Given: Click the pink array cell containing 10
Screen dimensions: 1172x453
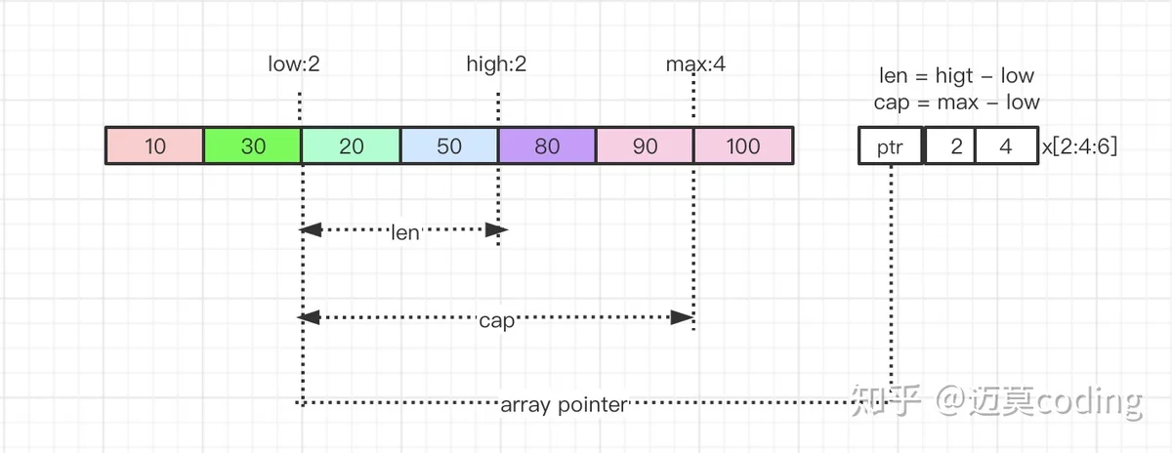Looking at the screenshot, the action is [x=155, y=145].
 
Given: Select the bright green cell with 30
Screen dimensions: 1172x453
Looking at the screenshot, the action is [x=253, y=145].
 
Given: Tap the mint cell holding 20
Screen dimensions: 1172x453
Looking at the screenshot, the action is [x=351, y=145].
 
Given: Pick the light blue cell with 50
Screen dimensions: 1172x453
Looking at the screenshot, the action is [x=449, y=145].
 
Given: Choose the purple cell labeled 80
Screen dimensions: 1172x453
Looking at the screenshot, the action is [x=547, y=145].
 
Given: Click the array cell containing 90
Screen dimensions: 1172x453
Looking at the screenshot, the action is [x=646, y=145].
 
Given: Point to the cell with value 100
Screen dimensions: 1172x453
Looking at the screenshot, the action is [x=743, y=145].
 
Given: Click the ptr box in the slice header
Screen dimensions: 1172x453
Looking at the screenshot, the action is [x=891, y=145].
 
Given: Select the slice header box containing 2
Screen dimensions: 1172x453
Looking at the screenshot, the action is [x=950, y=145].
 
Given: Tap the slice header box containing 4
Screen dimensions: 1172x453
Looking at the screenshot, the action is [x=1007, y=145].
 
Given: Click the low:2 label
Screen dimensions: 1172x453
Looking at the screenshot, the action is [x=294, y=63].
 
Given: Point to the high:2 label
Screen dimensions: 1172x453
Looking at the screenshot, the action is [x=496, y=64].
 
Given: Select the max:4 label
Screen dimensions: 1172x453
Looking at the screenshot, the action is [x=695, y=63].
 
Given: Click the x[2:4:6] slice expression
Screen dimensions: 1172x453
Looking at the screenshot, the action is [x=1079, y=145].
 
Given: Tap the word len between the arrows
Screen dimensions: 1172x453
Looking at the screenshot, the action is [x=405, y=232].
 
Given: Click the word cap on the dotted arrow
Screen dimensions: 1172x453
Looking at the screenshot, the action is [x=496, y=320].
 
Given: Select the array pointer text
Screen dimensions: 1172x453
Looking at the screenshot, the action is [x=564, y=405].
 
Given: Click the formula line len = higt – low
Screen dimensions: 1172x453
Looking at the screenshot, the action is [x=956, y=76].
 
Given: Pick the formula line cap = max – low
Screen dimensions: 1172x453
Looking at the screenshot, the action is [x=956, y=102].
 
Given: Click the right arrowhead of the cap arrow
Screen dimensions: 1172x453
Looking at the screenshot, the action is [x=683, y=317].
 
